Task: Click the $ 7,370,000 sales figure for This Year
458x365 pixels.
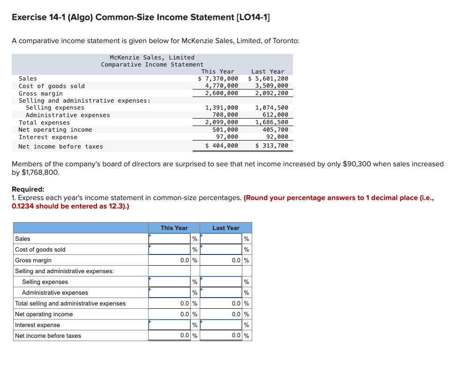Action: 218,79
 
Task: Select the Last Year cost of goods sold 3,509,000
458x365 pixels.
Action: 271,86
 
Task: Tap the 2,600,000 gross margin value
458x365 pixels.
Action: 222,93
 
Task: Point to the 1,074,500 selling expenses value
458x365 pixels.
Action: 271,108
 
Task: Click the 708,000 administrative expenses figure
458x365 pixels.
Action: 225,115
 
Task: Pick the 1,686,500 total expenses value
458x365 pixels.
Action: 271,122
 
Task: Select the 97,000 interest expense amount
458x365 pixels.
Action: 227,137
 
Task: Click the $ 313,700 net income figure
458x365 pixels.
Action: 271,146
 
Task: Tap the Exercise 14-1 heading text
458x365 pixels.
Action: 141,17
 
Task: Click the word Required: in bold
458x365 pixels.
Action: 28,189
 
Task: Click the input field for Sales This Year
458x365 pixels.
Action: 169,239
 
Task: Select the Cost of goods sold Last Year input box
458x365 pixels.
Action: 221,250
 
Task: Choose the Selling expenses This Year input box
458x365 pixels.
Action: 169,282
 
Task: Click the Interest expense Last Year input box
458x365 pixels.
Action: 221,325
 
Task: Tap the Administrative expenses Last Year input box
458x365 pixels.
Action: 221,293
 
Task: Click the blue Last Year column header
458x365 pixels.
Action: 226,228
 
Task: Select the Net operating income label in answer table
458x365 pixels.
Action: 44,314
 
